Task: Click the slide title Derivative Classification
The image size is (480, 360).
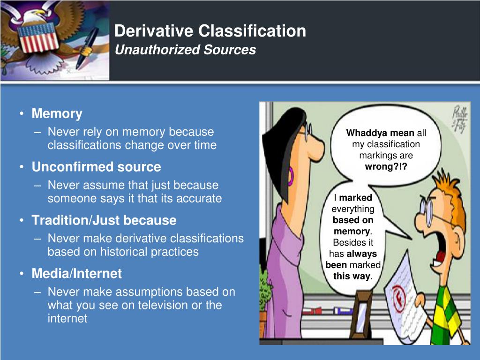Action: tap(210, 31)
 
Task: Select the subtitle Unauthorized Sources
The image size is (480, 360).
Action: tap(185, 50)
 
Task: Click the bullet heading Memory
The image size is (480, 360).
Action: tap(57, 113)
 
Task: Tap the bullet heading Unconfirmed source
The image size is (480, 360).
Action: tap(96, 167)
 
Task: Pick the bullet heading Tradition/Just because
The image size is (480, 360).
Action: tap(104, 220)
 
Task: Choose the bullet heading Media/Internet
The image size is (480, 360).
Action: tap(76, 273)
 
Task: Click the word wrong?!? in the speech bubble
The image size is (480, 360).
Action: tap(386, 167)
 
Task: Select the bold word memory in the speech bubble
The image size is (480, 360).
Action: tap(352, 232)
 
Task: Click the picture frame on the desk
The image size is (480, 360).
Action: tap(361, 315)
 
